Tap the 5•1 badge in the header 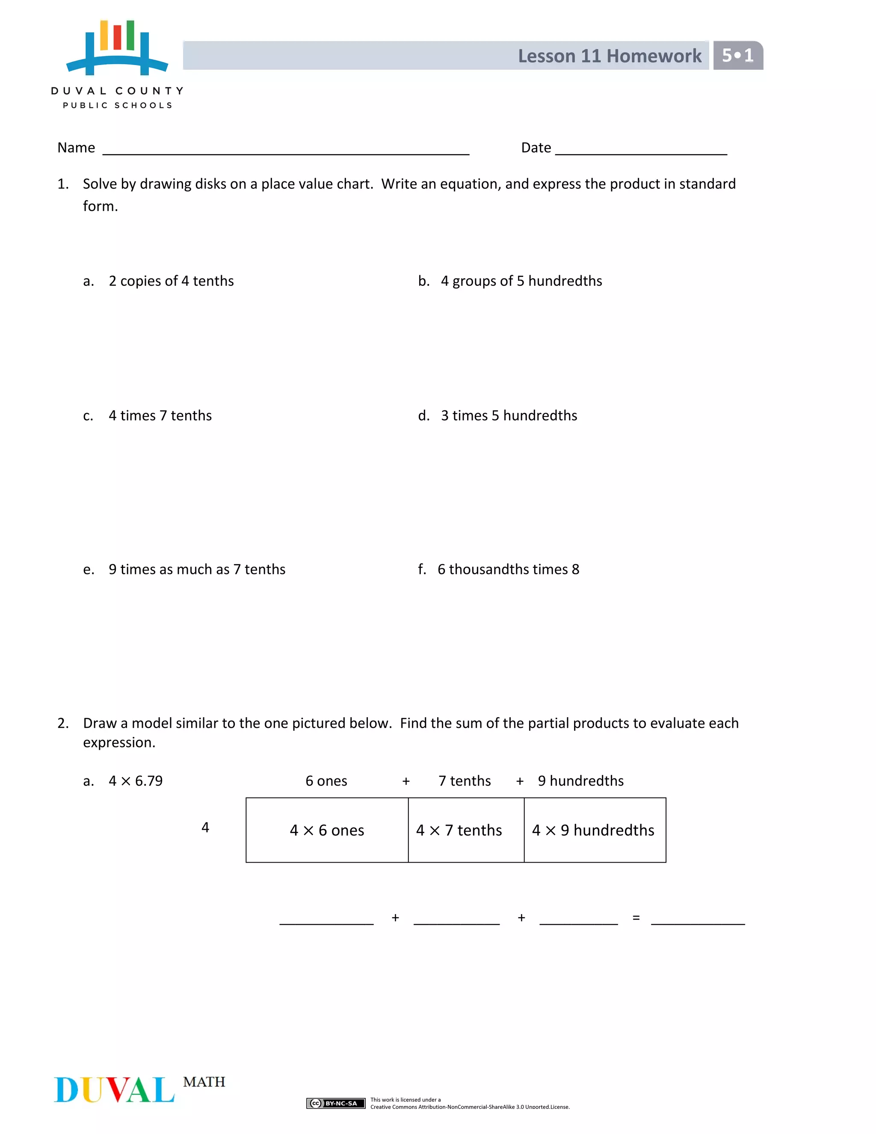737,56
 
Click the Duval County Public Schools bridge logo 117,48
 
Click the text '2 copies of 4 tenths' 171,281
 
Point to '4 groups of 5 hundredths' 521,281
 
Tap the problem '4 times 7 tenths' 160,416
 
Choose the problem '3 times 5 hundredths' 509,416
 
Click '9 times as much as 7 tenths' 197,569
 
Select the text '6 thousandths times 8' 508,569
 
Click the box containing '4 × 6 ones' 327,830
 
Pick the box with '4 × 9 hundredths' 595,830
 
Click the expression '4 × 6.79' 136,781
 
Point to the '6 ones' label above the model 326,781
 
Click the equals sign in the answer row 636,918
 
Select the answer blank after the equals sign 698,920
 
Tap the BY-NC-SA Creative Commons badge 336,1103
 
